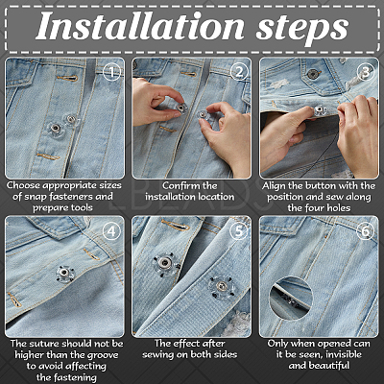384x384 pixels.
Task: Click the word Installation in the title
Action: pyautogui.click(x=140, y=26)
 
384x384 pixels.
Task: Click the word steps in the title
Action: pyautogui.click(x=302, y=29)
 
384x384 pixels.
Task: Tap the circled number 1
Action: pyautogui.click(x=112, y=72)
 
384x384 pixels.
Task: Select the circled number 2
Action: pyautogui.click(x=239, y=72)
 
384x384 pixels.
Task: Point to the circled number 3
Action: pyautogui.click(x=366, y=72)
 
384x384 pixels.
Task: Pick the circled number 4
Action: pyautogui.click(x=112, y=230)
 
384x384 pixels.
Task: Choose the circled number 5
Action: pyautogui.click(x=239, y=230)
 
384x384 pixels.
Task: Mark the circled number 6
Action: pyautogui.click(x=366, y=230)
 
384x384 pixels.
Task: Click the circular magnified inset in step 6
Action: pyautogui.click(x=291, y=299)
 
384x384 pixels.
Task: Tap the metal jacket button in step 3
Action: pyautogui.click(x=312, y=74)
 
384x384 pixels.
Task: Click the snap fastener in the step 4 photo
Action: pyautogui.click(x=65, y=274)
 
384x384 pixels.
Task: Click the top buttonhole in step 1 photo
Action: pyautogui.click(x=67, y=78)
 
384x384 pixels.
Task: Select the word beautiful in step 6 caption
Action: pyautogui.click(x=328, y=366)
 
